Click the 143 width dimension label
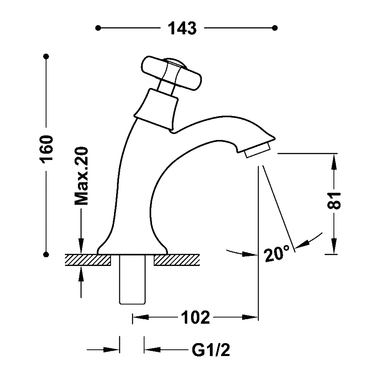182,28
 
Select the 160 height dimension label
46,149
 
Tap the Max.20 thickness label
81,176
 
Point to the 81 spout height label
334,200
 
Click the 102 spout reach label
195,318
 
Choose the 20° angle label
276,254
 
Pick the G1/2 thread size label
211,350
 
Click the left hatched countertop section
88,260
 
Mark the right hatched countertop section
177,260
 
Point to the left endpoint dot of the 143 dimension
98,28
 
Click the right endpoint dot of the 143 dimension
275,28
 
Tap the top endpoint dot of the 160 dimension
46,56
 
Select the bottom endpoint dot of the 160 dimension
46,254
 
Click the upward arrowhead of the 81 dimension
334,162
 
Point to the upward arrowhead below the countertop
81,273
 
